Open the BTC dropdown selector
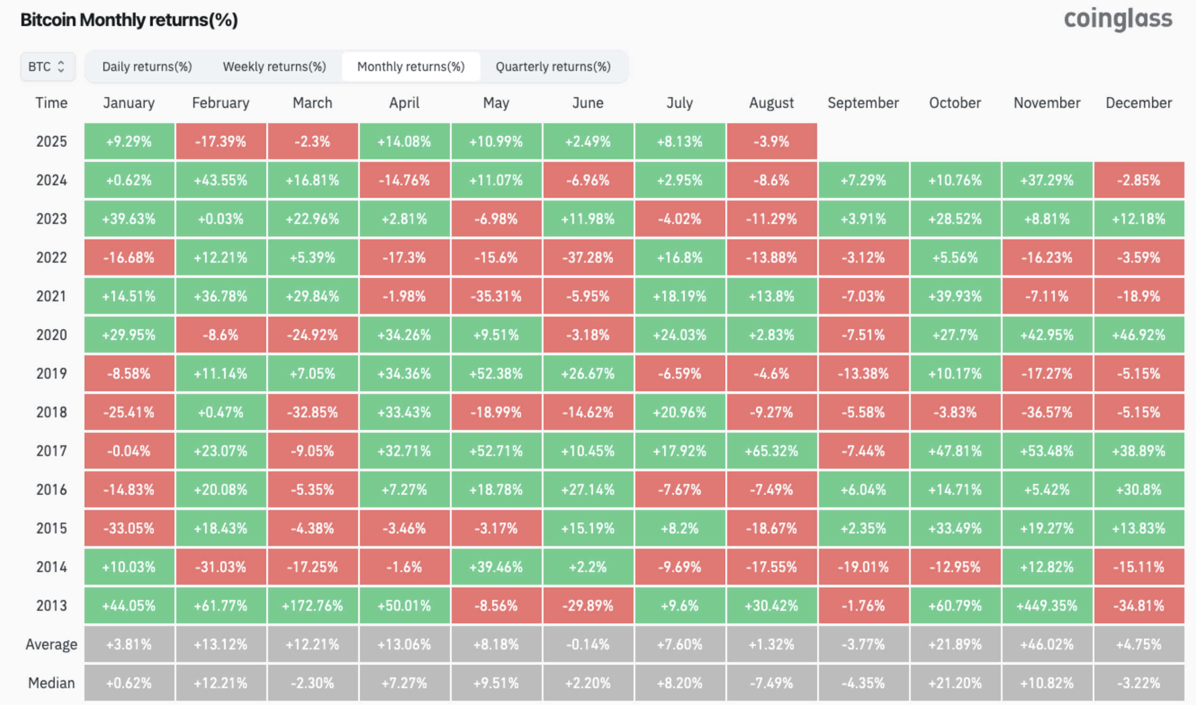pyautogui.click(x=48, y=66)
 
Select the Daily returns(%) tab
pyautogui.click(x=147, y=66)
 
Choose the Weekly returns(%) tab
pyautogui.click(x=275, y=66)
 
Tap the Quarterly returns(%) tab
pyautogui.click(x=553, y=66)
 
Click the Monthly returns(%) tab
pyautogui.click(x=411, y=66)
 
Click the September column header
pyautogui.click(x=863, y=103)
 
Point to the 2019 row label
pyautogui.click(x=51, y=373)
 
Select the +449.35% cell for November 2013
pyautogui.click(x=1047, y=605)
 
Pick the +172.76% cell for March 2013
pyautogui.click(x=312, y=605)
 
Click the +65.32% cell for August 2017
pyautogui.click(x=772, y=450)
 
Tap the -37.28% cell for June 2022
pyautogui.click(x=588, y=257)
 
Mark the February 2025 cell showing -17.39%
pyautogui.click(x=220, y=141)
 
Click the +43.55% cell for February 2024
pyautogui.click(x=220, y=180)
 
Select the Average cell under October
pyautogui.click(x=955, y=644)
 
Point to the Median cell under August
pyautogui.click(x=772, y=683)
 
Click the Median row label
pyautogui.click(x=51, y=683)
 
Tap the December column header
pyautogui.click(x=1139, y=103)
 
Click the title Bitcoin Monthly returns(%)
pyautogui.click(x=129, y=20)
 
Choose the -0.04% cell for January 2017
pyautogui.click(x=129, y=450)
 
